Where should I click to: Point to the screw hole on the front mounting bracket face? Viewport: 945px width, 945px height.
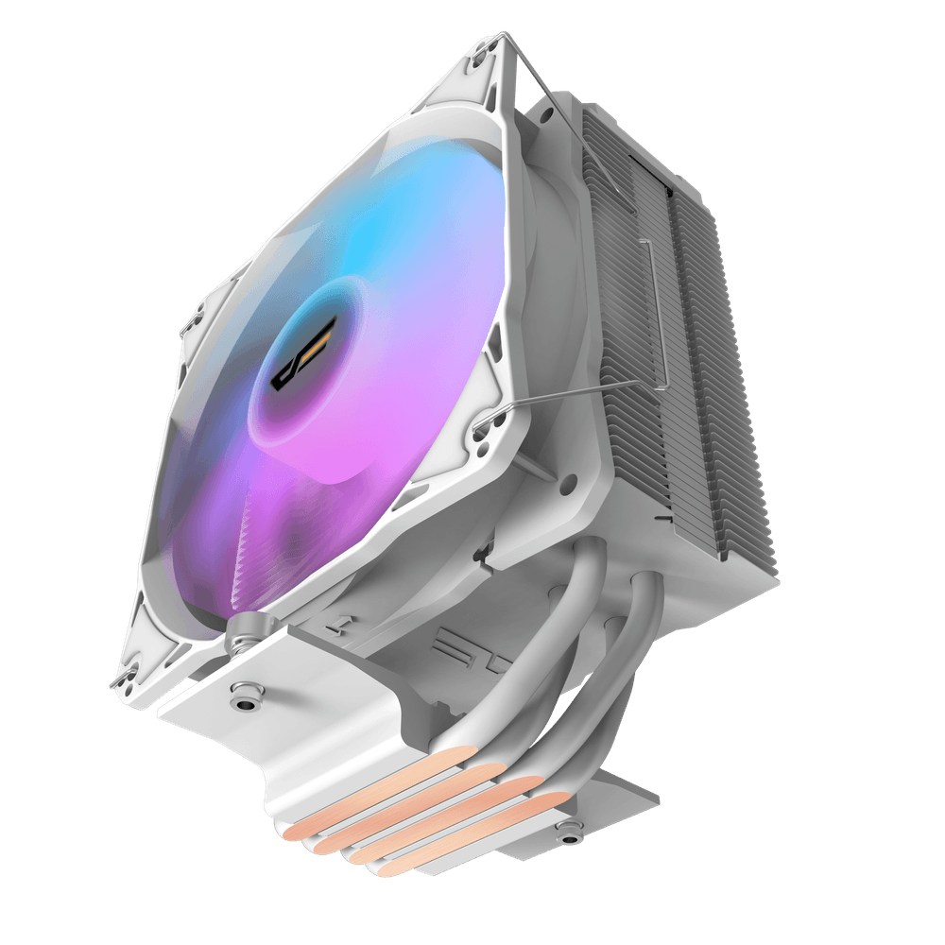pos(248,700)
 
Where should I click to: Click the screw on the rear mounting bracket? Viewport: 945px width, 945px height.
pos(568,833)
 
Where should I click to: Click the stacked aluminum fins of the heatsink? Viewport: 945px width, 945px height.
pos(699,378)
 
